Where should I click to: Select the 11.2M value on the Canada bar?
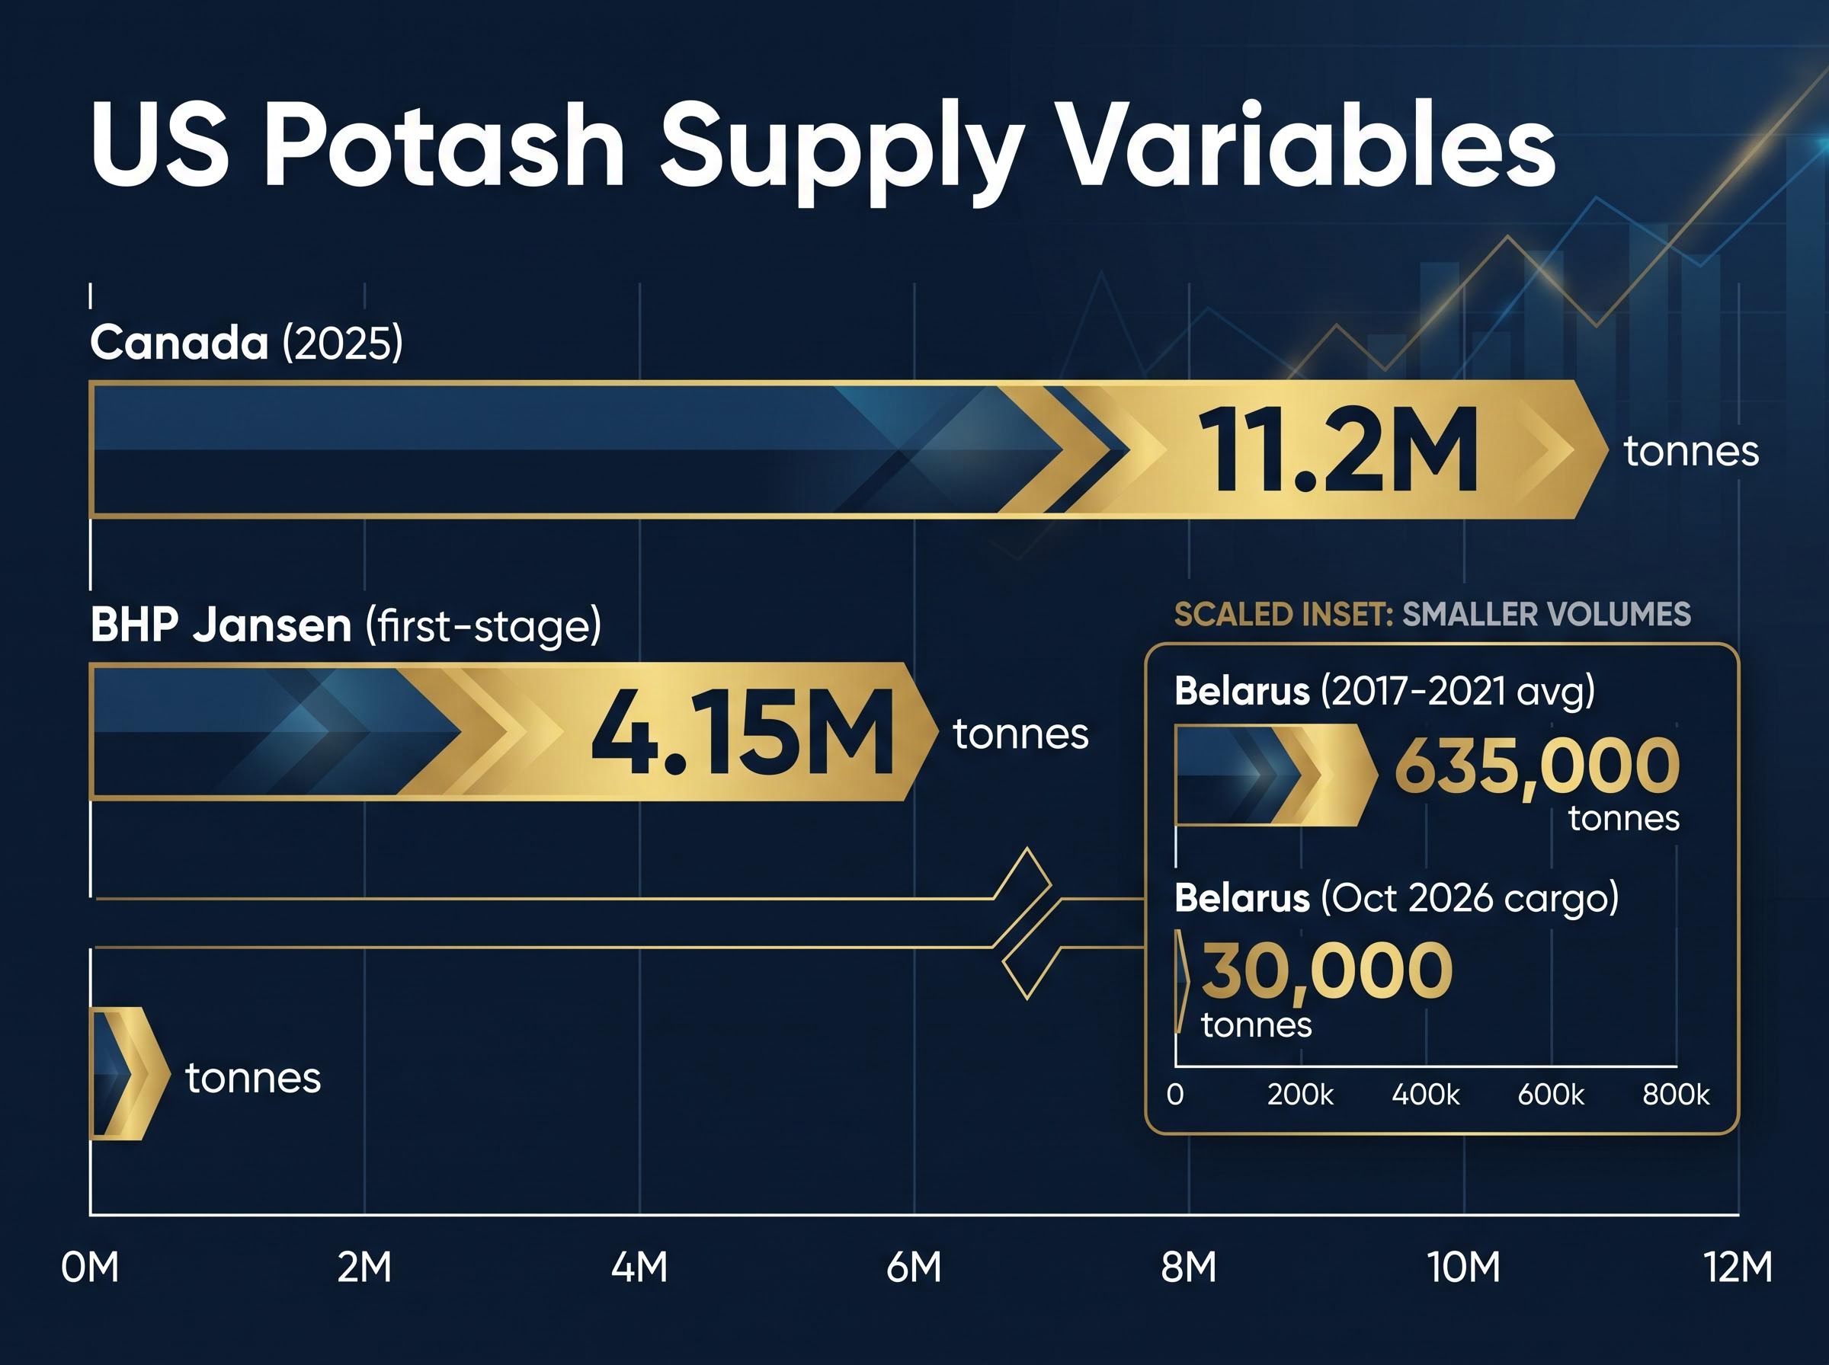(1340, 451)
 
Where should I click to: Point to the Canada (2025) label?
(246, 342)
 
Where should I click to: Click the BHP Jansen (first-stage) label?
(345, 625)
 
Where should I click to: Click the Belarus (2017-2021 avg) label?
(1385, 691)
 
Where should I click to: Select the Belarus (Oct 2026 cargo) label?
(1397, 897)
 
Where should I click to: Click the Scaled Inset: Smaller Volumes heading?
(1432, 615)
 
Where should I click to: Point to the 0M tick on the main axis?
(90, 1267)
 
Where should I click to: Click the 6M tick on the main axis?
(914, 1267)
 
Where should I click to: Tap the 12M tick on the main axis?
(1739, 1267)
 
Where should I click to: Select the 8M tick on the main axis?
(1189, 1267)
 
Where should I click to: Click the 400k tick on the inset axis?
(1426, 1094)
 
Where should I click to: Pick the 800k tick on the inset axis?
(1676, 1094)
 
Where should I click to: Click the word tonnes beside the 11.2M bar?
(1691, 451)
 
